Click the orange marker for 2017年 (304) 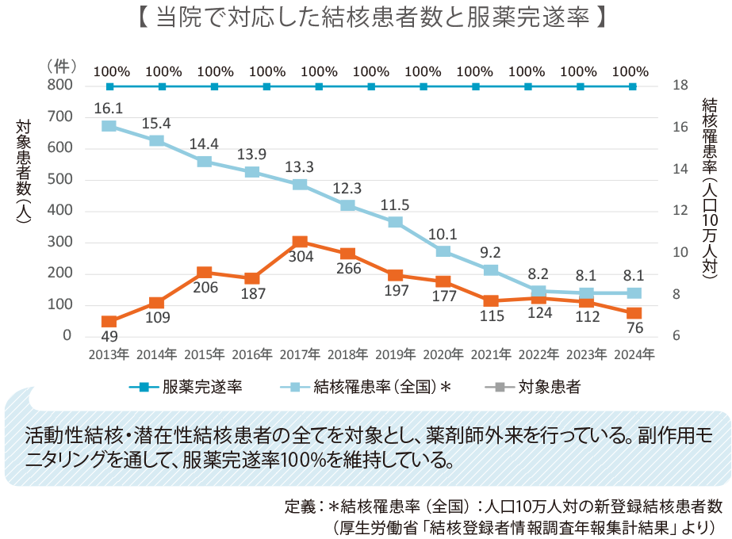pos(300,243)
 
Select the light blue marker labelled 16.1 pos(109,126)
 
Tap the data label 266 pos(347,268)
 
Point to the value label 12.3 pos(347,189)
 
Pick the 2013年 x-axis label pos(109,354)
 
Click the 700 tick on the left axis pos(59,117)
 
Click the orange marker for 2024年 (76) pos(634,313)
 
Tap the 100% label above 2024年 pos(633,71)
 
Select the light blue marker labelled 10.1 pos(443,251)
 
